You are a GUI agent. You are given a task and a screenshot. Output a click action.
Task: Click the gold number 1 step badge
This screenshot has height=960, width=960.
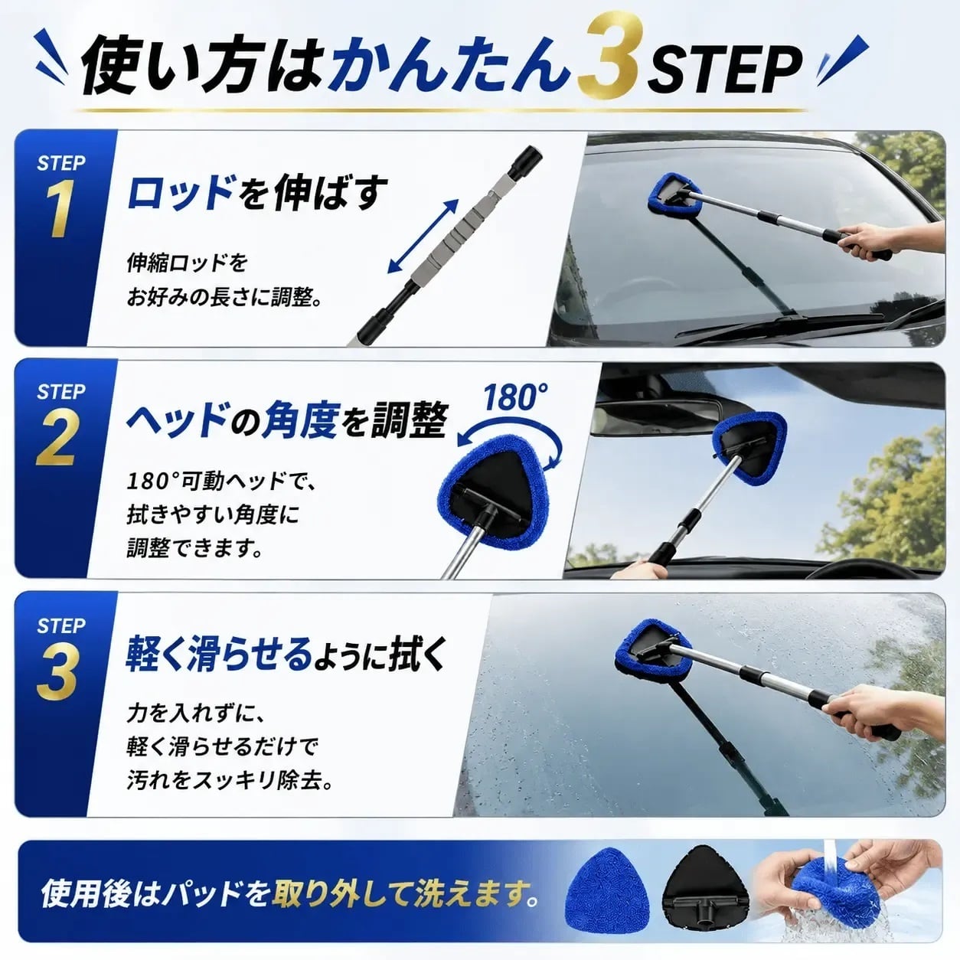[x=59, y=207]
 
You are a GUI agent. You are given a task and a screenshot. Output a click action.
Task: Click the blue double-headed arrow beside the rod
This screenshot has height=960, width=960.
[x=423, y=236]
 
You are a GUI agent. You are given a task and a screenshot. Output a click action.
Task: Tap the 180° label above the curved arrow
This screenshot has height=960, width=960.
[x=515, y=397]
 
